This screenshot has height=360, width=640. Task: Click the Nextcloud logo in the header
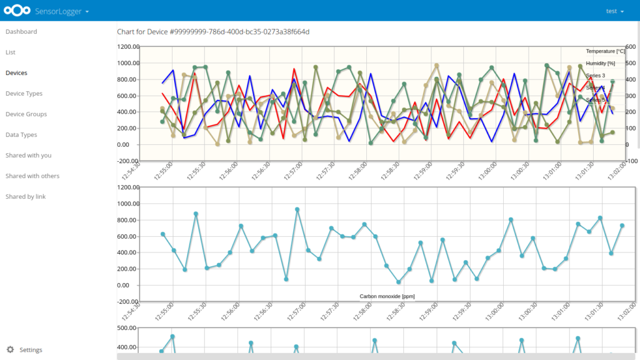tap(17, 11)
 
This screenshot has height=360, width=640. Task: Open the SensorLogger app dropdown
tap(62, 11)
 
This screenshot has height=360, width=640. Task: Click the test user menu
tap(615, 11)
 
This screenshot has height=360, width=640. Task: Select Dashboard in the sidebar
tap(21, 32)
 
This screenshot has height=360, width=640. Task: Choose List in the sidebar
tap(11, 52)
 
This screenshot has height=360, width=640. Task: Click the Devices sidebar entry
tap(16, 73)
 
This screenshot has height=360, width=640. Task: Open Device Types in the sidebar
tap(24, 94)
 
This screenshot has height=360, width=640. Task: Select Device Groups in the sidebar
tap(26, 114)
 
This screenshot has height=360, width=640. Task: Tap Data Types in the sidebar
tap(21, 135)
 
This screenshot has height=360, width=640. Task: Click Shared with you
tap(28, 156)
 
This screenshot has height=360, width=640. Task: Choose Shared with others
tap(32, 176)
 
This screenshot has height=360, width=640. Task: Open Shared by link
tap(26, 197)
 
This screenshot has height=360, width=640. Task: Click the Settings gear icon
tap(10, 350)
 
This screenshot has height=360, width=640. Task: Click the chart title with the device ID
tap(213, 32)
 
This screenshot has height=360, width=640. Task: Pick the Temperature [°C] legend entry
tap(605, 51)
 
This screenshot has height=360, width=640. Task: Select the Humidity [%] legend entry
tap(601, 63)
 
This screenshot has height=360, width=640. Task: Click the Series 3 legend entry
tap(596, 76)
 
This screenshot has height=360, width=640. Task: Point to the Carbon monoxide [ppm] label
tap(387, 296)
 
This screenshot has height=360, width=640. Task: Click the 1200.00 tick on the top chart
tap(127, 47)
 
